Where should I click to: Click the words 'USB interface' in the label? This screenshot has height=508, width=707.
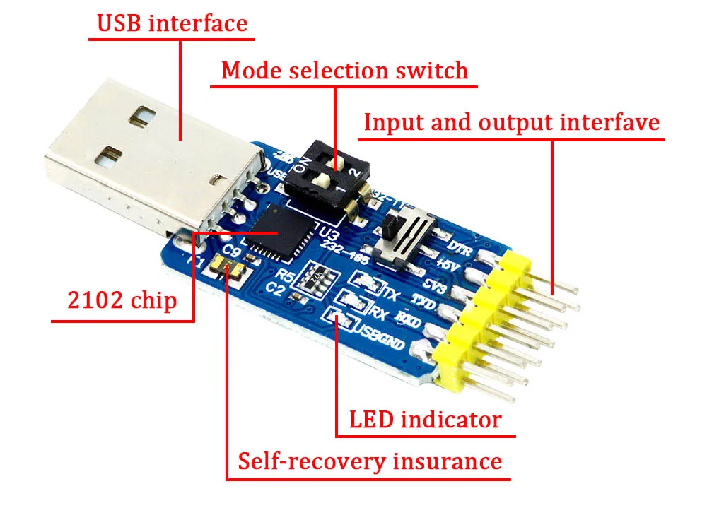[172, 23]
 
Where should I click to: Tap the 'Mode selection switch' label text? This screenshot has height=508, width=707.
[344, 71]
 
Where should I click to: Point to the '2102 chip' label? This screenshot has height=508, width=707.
[122, 300]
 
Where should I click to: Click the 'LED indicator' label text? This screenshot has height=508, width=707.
[425, 420]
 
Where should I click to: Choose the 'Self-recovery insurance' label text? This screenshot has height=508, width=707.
[369, 461]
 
